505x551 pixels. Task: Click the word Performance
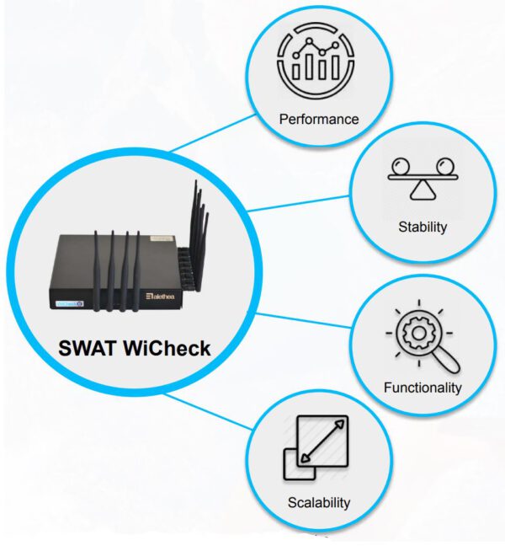pyautogui.click(x=319, y=119)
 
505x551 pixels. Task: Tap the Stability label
pyautogui.click(x=423, y=227)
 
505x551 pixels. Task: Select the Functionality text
pyautogui.click(x=423, y=388)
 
